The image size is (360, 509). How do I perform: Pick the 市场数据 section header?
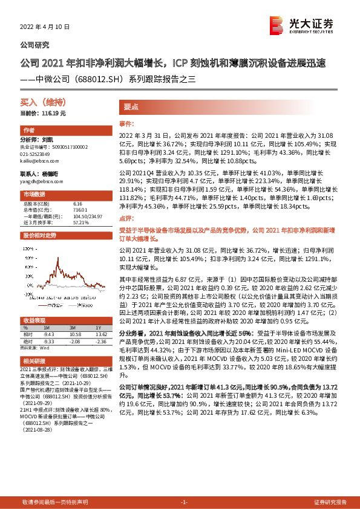pos(34,195)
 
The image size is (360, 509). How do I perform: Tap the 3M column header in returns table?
pos(76,327)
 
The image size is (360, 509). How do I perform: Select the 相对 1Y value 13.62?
pos(100,333)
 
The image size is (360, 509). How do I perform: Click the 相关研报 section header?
pos(34,360)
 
